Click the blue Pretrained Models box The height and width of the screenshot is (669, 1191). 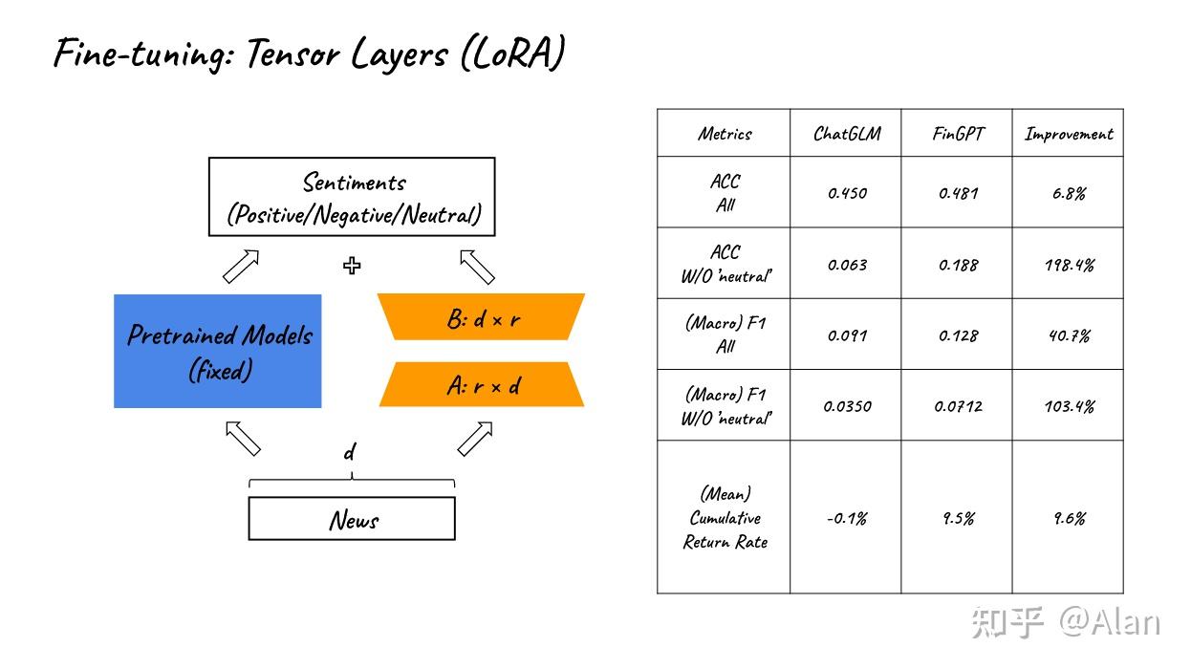(218, 351)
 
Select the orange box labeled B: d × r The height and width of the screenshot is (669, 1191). (481, 316)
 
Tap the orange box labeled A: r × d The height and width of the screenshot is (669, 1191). (481, 384)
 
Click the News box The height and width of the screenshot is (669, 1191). (352, 519)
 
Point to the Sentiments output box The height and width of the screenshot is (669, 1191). (352, 197)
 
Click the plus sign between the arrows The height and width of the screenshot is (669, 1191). (352, 265)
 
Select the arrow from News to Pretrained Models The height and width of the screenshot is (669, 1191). (243, 439)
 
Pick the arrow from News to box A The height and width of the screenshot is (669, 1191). (475, 439)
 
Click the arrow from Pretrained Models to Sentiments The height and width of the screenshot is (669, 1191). (241, 267)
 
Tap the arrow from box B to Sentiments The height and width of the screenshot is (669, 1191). (477, 267)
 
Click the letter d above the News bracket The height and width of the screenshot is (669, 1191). (349, 453)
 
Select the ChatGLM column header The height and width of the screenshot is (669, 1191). (847, 134)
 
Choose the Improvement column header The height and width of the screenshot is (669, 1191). (1069, 134)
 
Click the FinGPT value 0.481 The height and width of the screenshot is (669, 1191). (958, 193)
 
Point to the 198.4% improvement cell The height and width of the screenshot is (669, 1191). (1070, 265)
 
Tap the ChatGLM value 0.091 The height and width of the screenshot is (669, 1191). (847, 335)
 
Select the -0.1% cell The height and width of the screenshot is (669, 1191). (847, 518)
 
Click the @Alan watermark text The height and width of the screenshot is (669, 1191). (1109, 621)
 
